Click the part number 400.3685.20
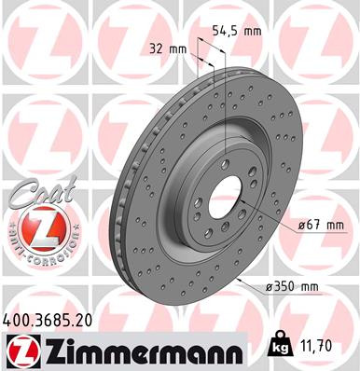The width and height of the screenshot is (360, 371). (54, 320)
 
